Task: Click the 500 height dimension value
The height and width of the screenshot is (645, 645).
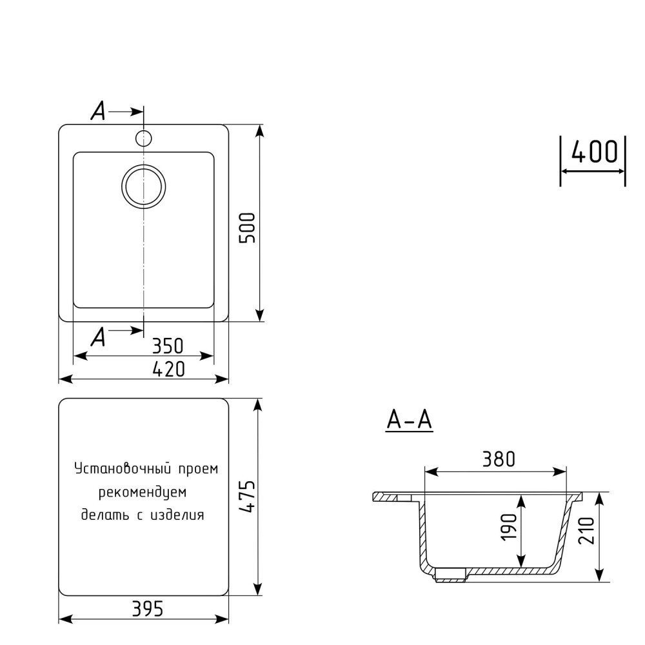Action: (248, 228)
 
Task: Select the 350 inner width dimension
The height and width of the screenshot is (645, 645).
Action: (168, 346)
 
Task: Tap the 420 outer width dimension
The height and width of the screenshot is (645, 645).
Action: (168, 369)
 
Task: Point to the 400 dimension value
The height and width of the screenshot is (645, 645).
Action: (595, 151)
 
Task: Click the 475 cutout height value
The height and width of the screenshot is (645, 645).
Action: (248, 496)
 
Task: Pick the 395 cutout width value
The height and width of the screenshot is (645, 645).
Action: (148, 608)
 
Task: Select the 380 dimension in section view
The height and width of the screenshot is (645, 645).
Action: (499, 459)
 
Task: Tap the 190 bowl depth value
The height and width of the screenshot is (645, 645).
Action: (508, 527)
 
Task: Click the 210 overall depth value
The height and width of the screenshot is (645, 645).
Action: (586, 531)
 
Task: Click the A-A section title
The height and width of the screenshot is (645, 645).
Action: (410, 420)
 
